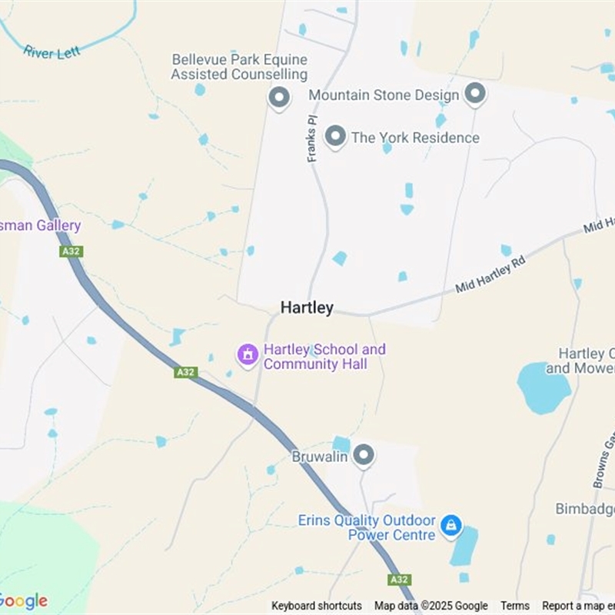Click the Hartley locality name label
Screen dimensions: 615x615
tap(307, 307)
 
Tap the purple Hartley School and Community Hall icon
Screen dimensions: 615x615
tap(248, 355)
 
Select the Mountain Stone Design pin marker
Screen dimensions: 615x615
tap(476, 95)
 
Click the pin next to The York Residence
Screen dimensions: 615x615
tap(335, 137)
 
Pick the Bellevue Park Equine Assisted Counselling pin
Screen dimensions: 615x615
tap(278, 98)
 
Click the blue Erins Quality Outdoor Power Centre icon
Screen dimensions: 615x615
tap(451, 526)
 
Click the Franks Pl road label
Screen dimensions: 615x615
tap(312, 139)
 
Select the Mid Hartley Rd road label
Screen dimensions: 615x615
tap(490, 274)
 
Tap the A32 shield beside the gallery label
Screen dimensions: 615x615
tap(71, 251)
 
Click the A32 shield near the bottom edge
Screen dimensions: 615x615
tap(399, 580)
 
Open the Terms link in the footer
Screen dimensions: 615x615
tap(515, 606)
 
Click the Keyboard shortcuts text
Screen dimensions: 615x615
tap(317, 606)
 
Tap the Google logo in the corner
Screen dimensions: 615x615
tap(23, 601)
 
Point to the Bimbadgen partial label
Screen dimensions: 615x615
tap(585, 509)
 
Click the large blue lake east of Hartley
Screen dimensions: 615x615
tap(544, 387)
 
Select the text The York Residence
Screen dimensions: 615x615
tap(415, 138)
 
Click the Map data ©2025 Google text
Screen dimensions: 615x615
tap(431, 606)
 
